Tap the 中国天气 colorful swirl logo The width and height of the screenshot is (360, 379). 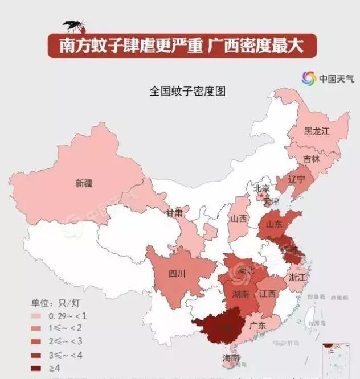(x=309, y=79)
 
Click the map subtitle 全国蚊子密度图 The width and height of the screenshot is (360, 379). (x=187, y=90)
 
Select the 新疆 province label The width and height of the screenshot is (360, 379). (x=84, y=183)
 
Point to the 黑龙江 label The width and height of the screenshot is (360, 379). (x=317, y=131)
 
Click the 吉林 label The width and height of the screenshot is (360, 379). (x=311, y=159)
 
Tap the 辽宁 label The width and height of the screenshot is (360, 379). (x=297, y=179)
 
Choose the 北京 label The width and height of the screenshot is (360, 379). (x=260, y=188)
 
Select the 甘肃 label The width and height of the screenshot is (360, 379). (x=174, y=213)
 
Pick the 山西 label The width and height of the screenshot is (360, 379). (x=239, y=218)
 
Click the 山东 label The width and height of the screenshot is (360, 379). (x=273, y=224)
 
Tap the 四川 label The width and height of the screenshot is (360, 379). (x=177, y=274)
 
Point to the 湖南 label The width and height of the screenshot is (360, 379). (x=240, y=294)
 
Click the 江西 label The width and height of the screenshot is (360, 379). (x=267, y=294)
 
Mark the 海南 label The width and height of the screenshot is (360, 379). (x=231, y=358)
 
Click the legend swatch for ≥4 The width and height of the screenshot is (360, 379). (x=39, y=368)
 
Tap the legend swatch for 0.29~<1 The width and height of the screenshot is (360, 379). (x=39, y=315)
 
